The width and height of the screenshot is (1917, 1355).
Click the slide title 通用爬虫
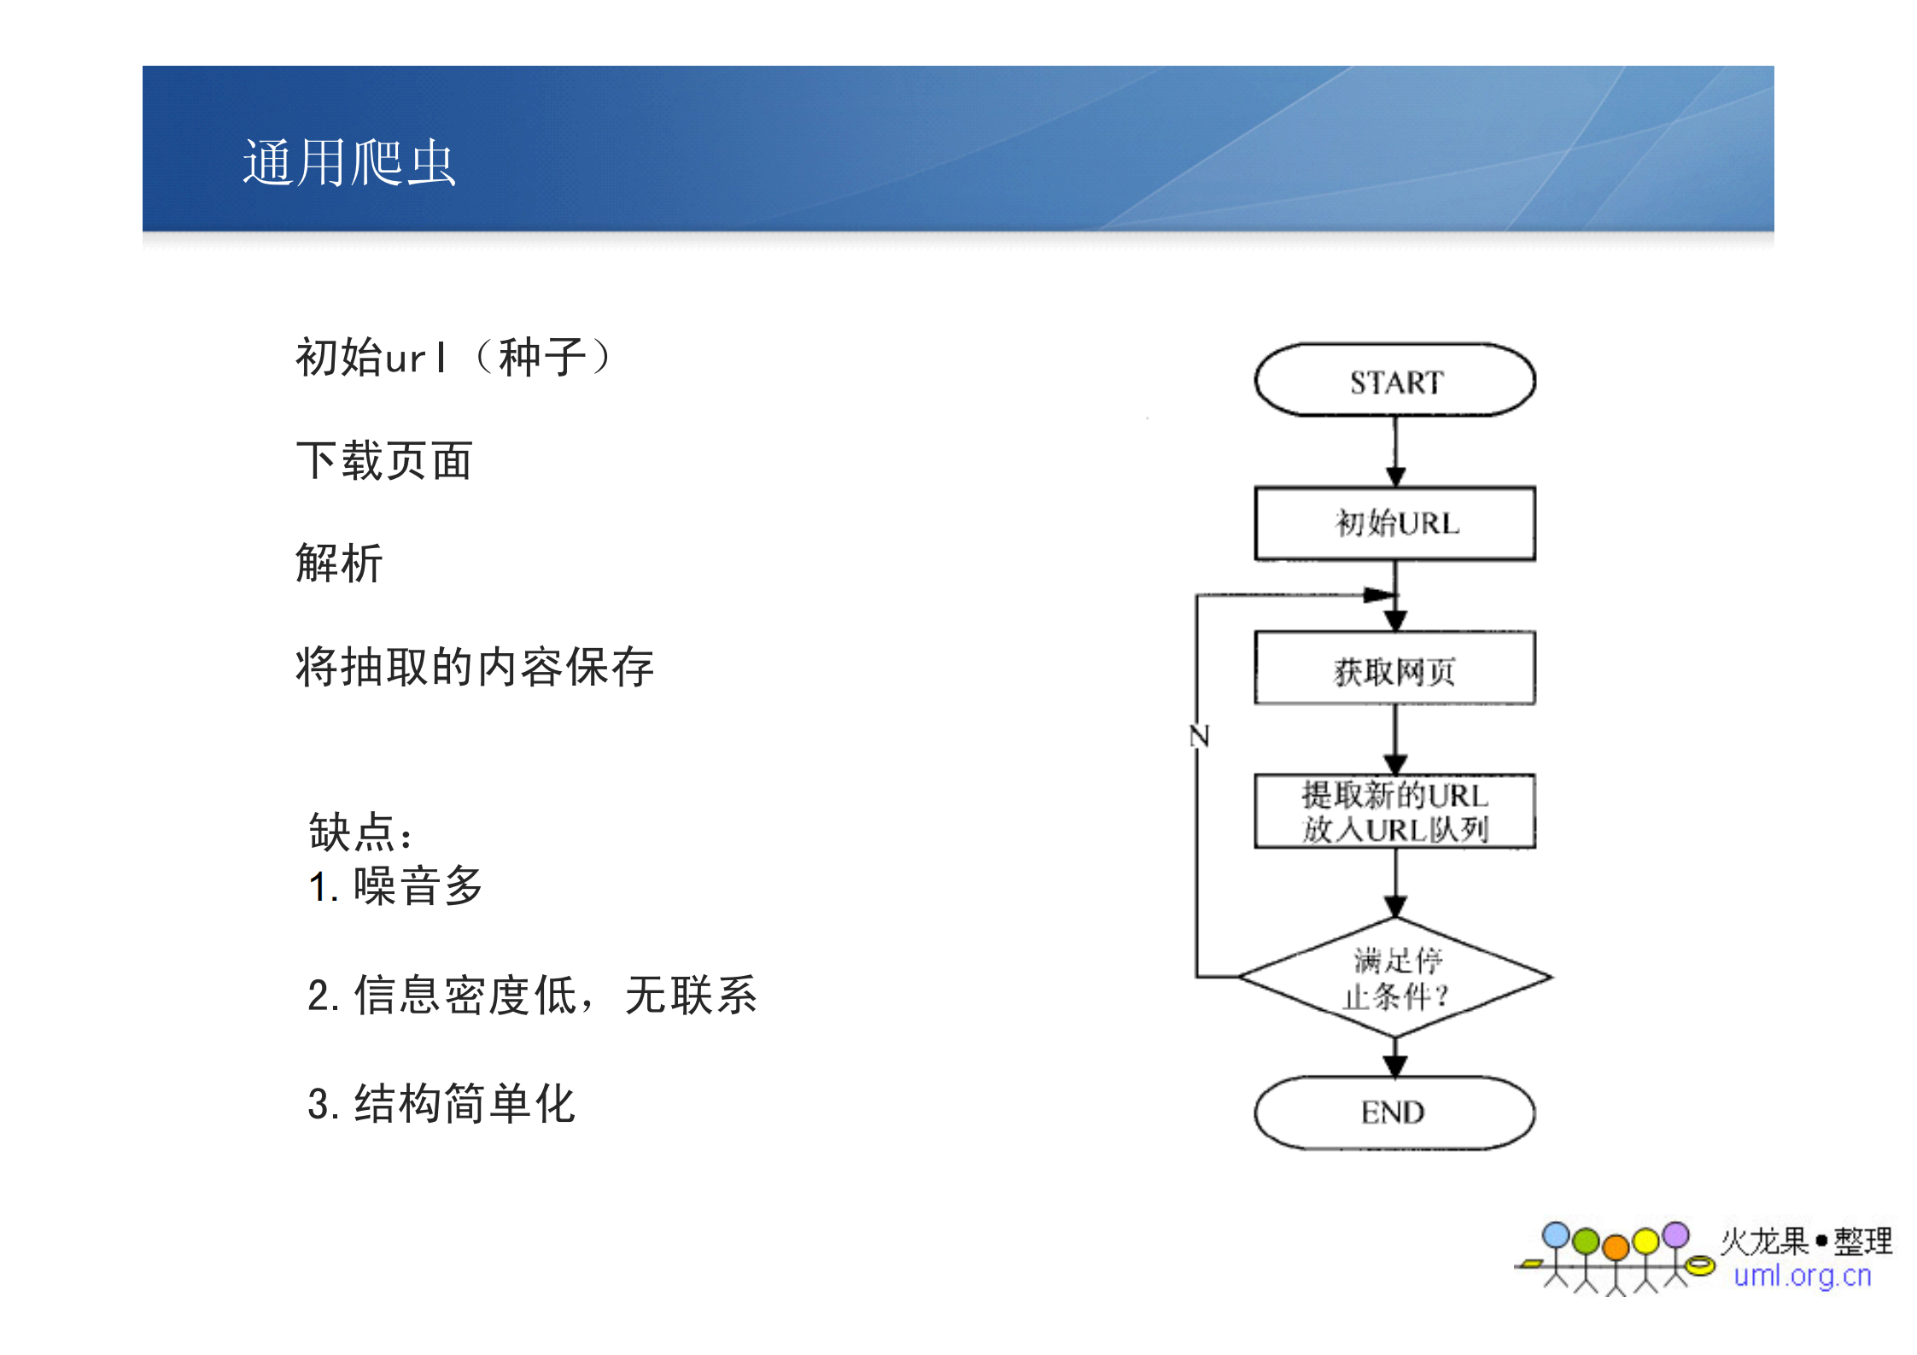point(349,162)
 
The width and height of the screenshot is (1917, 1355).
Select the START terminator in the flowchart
point(1394,381)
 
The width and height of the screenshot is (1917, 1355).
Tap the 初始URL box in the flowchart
point(1394,523)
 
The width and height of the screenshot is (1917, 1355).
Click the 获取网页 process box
point(1394,669)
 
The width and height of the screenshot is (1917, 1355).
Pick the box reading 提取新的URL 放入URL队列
point(1394,811)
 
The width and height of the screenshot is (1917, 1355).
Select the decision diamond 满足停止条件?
point(1394,977)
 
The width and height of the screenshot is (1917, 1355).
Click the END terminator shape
point(1394,1113)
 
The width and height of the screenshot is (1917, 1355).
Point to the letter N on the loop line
point(1200,735)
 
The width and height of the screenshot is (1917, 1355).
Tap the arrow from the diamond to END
point(1395,1059)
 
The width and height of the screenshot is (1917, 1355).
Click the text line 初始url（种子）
point(453,357)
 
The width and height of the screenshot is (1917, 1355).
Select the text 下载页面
point(384,461)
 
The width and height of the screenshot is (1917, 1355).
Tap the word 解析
point(339,564)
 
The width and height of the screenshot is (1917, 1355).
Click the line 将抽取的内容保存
point(475,667)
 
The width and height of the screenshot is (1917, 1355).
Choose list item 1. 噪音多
point(396,886)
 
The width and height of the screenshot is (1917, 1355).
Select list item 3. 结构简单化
point(441,1103)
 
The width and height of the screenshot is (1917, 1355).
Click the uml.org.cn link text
point(1802,1276)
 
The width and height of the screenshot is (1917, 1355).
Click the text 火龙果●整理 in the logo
point(1806,1241)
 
